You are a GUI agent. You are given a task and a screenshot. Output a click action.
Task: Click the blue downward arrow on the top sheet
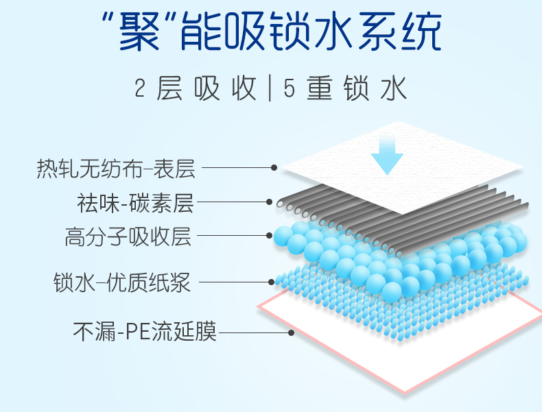coord(387,156)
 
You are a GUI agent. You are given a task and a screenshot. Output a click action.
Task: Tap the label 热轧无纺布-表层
coord(116,169)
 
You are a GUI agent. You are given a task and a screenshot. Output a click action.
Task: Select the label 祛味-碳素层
coord(135,204)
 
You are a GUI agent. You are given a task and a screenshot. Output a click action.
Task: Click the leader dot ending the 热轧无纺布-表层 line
coord(274,167)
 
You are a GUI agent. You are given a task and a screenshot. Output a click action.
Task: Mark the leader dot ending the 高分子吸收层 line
coord(270,236)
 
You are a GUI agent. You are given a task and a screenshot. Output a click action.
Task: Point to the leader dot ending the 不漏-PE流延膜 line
coord(292,332)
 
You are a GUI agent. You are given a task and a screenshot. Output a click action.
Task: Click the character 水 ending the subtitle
coord(394,90)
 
